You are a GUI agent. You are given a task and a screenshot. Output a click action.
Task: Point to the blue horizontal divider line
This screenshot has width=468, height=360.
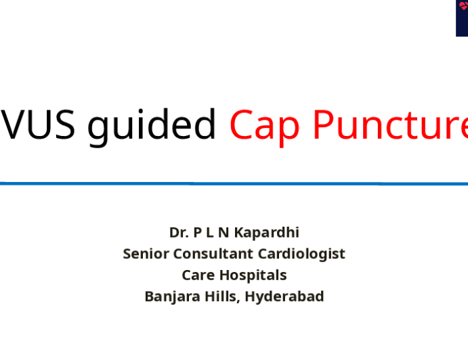(234, 183)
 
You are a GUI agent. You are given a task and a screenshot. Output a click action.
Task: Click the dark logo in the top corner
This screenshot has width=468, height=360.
(461, 18)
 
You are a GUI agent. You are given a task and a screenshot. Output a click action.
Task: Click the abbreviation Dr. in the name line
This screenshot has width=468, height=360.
(179, 233)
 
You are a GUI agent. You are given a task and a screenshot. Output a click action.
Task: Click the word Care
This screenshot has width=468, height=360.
(196, 275)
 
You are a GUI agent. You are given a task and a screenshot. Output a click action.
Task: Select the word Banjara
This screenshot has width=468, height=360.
(169, 296)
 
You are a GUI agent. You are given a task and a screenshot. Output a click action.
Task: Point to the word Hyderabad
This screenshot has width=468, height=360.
(284, 296)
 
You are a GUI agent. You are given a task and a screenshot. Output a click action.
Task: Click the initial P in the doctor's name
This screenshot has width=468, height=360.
(197, 233)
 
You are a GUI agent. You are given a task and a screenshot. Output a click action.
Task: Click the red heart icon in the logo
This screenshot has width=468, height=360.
(464, 6)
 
